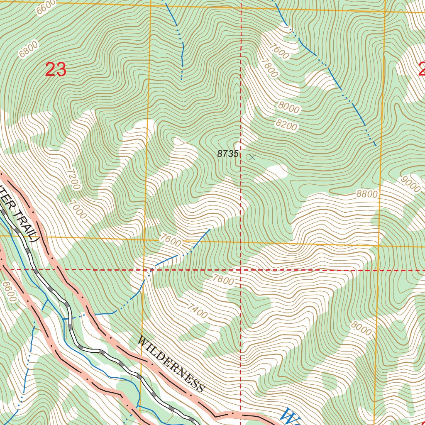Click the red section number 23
(56, 70)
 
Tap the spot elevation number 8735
(228, 154)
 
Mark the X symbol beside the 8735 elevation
(252, 157)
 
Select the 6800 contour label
(28, 49)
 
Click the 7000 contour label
(78, 210)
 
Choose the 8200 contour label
(286, 125)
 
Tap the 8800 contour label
(367, 194)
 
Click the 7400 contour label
(197, 311)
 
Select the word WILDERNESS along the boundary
(171, 364)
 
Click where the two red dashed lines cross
(241, 270)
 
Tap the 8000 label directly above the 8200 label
(289, 107)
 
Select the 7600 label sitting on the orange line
(171, 241)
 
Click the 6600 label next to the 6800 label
(46, 7)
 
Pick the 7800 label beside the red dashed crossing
(223, 280)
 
